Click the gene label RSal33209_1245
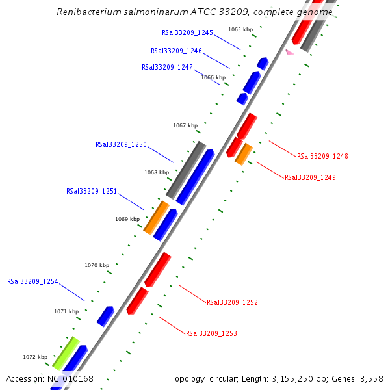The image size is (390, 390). click(187, 32)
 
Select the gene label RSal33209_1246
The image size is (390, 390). click(176, 51)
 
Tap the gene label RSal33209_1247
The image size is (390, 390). click(167, 67)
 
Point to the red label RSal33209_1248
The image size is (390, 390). click(322, 156)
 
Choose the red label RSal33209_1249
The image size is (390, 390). click(310, 177)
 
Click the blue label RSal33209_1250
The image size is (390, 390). click(121, 145)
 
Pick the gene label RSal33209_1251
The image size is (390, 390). click(92, 192)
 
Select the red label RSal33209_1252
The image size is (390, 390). click(232, 302)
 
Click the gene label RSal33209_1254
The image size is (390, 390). click(32, 282)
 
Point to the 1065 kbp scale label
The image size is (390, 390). click(240, 29)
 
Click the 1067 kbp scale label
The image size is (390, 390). click(185, 125)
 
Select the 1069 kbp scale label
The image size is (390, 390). click(127, 219)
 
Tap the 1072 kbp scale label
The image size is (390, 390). click(35, 357)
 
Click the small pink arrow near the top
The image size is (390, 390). click(290, 52)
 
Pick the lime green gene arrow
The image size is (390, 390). click(66, 353)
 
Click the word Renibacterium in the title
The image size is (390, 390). click(86, 12)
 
